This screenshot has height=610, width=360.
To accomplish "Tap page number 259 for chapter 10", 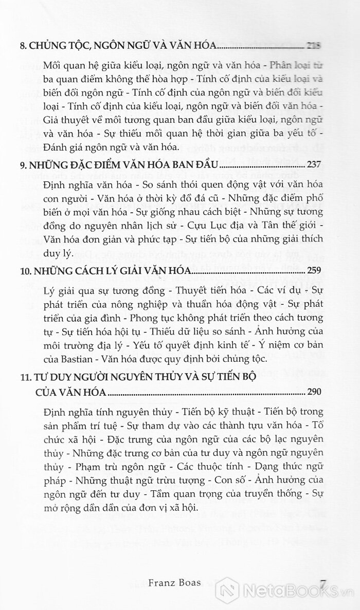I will tap(314, 270).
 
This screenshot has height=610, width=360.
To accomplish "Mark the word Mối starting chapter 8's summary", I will tap(53, 66).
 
